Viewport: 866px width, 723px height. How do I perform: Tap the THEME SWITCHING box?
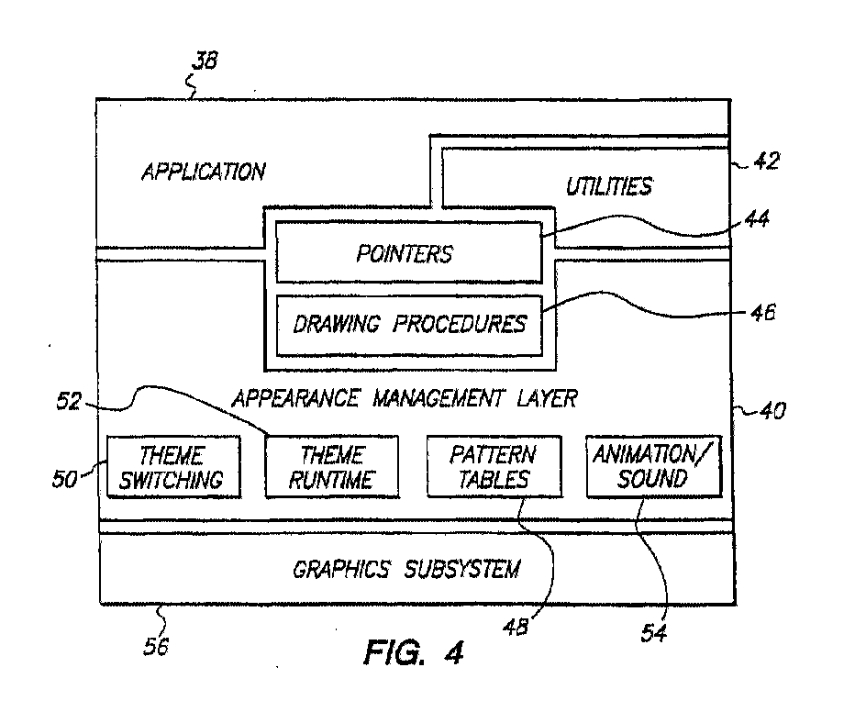[x=173, y=466]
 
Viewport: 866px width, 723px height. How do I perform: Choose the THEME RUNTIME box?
[x=331, y=466]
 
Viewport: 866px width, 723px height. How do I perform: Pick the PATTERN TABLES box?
[x=493, y=466]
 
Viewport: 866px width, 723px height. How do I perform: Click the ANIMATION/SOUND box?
[x=653, y=466]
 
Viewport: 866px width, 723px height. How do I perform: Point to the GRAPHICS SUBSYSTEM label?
[x=405, y=569]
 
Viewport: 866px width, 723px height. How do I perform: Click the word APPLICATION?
[x=203, y=172]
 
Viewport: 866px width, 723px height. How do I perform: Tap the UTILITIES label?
[x=607, y=186]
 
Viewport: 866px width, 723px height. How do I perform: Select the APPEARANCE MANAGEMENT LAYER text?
[x=405, y=398]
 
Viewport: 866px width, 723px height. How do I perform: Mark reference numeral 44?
[x=757, y=218]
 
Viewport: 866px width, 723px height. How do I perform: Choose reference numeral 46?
[x=761, y=312]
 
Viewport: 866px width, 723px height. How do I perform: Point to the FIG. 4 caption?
[x=414, y=653]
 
